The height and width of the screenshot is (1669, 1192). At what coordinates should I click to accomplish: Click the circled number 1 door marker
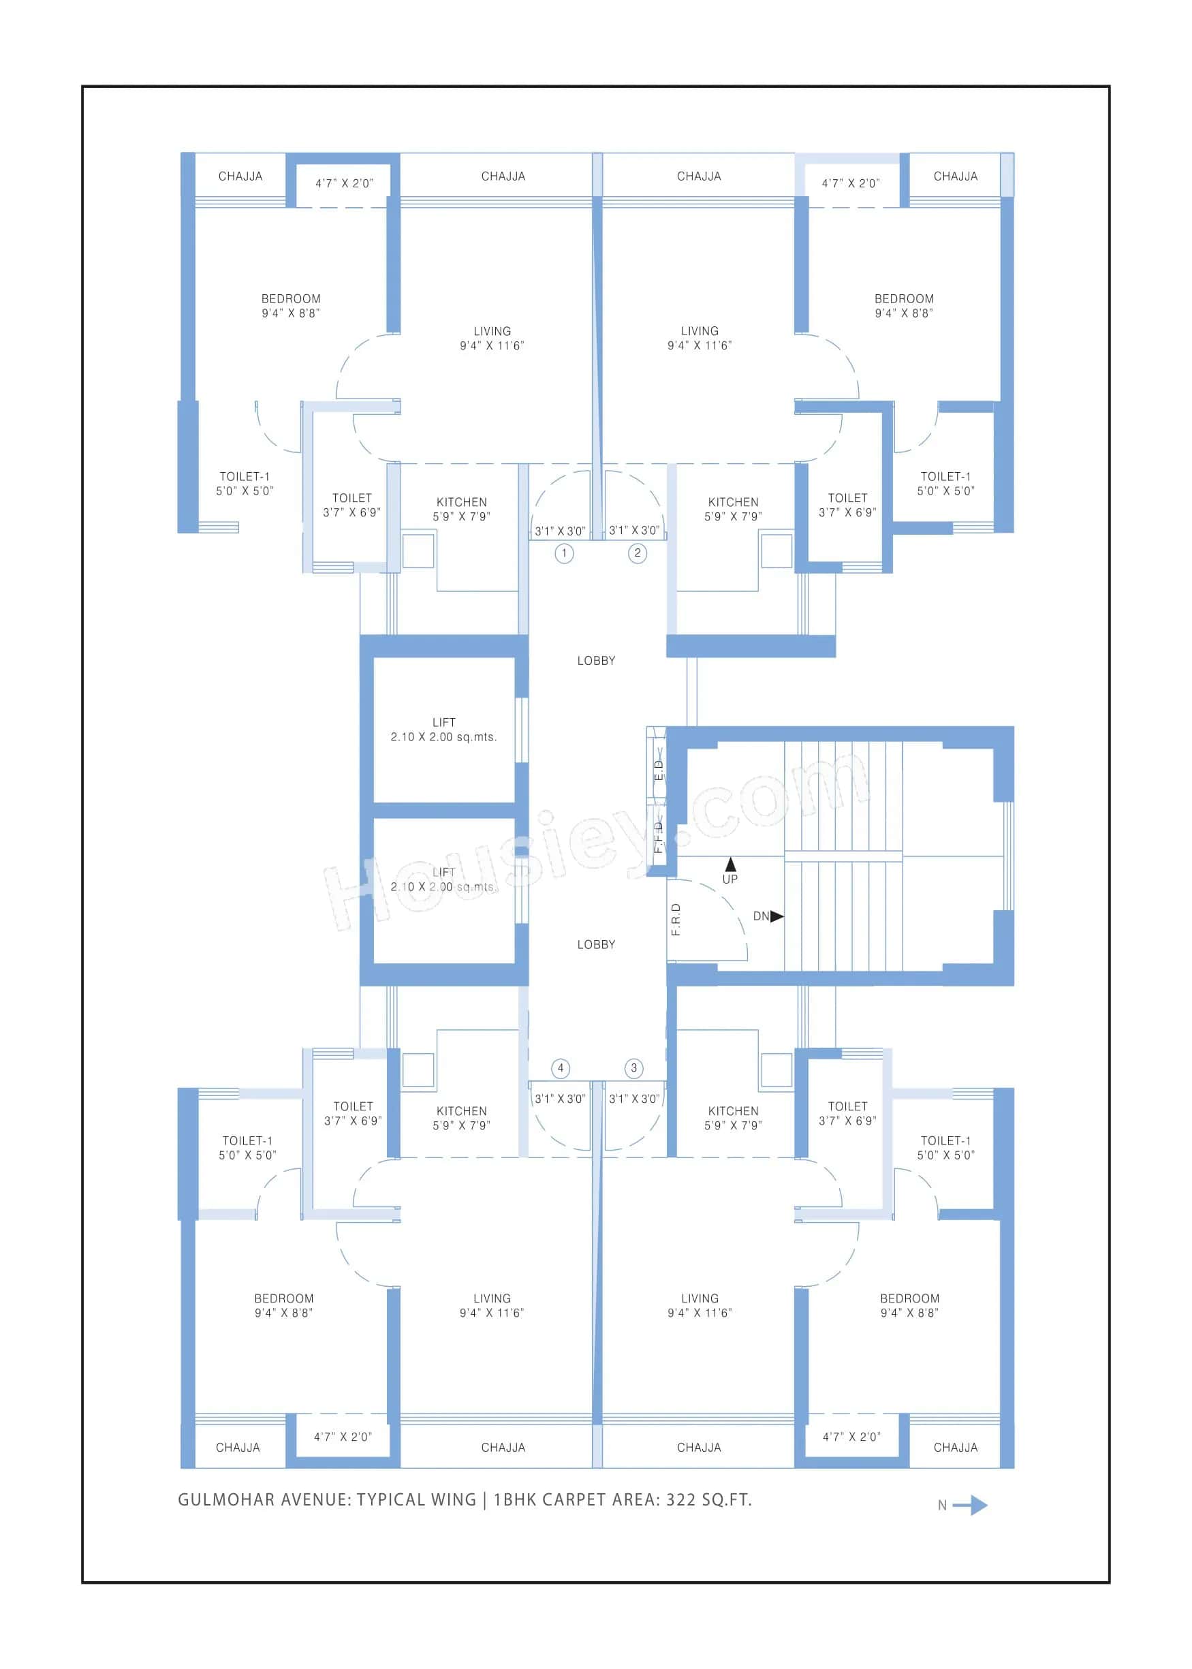pos(564,553)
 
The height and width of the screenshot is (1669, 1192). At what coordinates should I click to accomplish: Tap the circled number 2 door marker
pos(637,553)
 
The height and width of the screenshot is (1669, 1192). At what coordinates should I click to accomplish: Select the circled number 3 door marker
pos(634,1068)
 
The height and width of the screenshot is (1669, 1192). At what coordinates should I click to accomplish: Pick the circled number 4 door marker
pos(561,1068)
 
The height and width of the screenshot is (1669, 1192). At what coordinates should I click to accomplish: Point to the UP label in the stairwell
pos(730,879)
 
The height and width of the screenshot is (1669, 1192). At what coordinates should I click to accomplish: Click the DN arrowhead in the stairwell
pos(777,916)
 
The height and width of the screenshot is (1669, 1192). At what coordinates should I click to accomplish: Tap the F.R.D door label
pos(676,919)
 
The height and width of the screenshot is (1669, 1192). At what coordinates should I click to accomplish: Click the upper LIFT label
pos(443,722)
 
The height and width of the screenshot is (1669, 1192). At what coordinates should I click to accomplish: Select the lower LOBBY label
pos(596,945)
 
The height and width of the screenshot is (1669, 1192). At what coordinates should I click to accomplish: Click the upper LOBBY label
pos(596,661)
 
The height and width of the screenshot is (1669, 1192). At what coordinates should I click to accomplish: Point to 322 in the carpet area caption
pos(680,1499)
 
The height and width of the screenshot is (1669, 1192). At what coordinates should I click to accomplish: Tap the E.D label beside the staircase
pos(659,770)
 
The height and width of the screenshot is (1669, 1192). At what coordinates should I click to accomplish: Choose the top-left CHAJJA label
pos(240,176)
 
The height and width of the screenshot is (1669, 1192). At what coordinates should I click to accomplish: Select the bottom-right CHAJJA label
pos(955,1448)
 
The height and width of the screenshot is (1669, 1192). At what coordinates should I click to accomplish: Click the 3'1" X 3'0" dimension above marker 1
pos(560,531)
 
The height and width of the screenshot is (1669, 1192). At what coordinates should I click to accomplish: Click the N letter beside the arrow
pos(943,1506)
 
